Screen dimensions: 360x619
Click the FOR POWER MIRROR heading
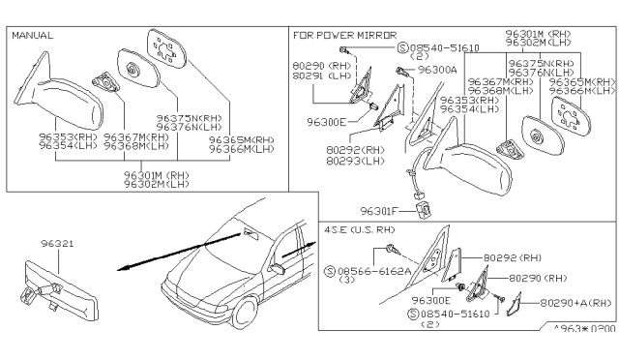tap(339, 34)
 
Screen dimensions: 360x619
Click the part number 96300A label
tap(436, 71)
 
